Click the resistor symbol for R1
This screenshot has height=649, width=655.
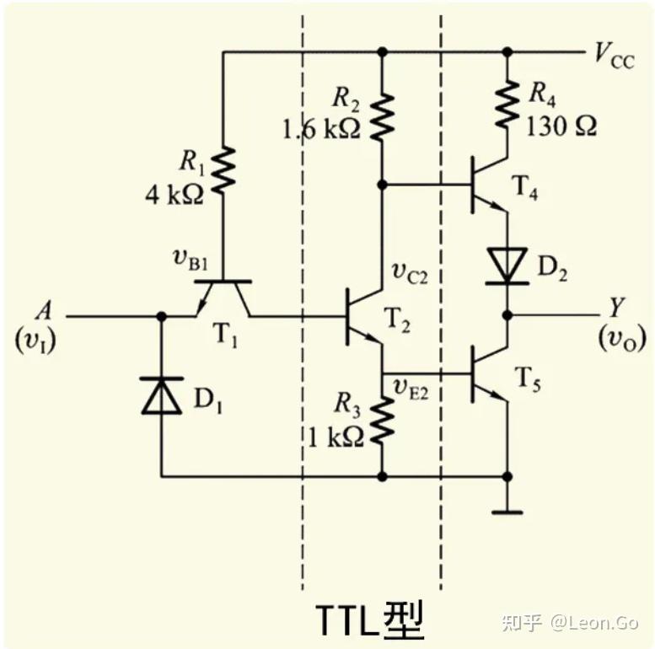(x=223, y=171)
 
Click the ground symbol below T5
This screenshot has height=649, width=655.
(x=507, y=511)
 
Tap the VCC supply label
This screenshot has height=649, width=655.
(x=614, y=55)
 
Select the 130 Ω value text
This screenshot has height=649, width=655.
(x=561, y=126)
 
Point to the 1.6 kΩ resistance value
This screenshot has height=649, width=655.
(x=323, y=129)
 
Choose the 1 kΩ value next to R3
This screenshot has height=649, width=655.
(x=336, y=436)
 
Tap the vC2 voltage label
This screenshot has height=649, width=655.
(x=411, y=271)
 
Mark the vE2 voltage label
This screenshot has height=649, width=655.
(x=411, y=387)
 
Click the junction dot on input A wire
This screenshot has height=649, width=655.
(x=161, y=317)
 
